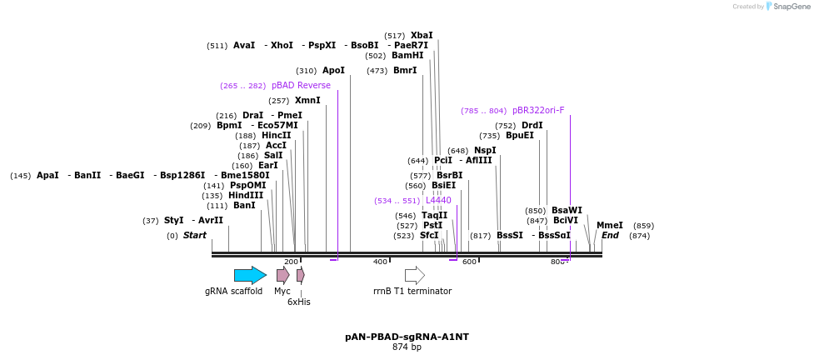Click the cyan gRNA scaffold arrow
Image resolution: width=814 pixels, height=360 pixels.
pos(250,275)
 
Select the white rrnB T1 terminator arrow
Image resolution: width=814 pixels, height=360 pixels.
pos(414,275)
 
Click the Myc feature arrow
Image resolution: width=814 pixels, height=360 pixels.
pos(283,275)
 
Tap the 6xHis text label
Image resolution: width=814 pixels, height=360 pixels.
pos(299,302)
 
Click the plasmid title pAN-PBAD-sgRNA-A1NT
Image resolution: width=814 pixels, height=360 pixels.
pos(407,337)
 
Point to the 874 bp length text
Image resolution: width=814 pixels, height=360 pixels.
pos(407,347)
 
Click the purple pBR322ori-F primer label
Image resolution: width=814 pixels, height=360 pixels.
pos(538,110)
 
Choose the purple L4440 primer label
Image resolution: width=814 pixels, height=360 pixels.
pos(438,200)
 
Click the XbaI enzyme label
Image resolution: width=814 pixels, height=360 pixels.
pos(422,35)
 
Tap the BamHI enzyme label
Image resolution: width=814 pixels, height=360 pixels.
pos(407,55)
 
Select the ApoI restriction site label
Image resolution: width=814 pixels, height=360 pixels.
pos(333,70)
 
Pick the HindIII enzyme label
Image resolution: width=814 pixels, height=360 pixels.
pos(246,195)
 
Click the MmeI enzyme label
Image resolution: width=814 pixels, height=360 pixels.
pos(609,225)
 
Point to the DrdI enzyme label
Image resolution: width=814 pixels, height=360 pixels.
pos(532,125)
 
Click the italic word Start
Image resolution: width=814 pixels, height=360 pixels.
pos(194,235)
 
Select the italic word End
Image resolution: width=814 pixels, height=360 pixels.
pos(610,235)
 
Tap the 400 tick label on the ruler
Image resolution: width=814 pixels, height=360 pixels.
pos(380,262)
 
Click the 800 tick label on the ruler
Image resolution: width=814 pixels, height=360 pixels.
pos(557,262)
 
